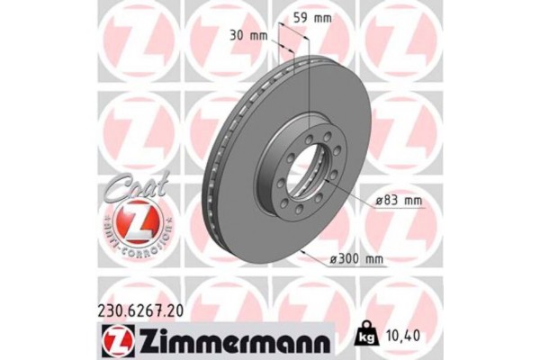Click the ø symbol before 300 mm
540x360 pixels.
tap(335, 259)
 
